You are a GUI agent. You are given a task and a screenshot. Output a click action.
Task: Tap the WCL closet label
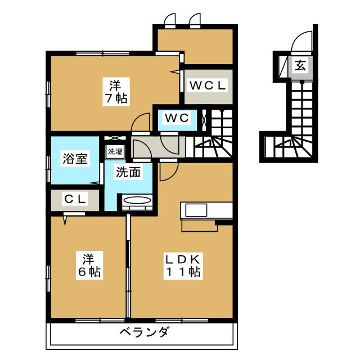click(207, 86)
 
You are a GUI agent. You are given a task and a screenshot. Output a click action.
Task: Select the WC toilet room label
click(176, 118)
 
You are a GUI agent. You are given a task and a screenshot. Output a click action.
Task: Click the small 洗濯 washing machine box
click(115, 151)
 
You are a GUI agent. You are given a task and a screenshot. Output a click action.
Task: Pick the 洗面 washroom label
click(128, 173)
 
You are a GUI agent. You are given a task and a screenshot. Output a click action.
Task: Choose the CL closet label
click(75, 199)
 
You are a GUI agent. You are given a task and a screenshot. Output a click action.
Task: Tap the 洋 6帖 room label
click(88, 265)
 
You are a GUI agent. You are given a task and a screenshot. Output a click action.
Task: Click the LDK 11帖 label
click(182, 265)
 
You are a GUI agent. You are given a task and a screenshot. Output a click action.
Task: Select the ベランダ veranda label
click(143, 332)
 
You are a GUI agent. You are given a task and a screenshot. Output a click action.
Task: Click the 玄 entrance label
click(300, 65)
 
